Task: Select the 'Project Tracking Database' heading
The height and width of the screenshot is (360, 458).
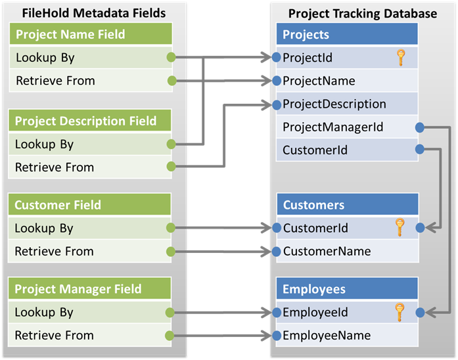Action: click(x=362, y=13)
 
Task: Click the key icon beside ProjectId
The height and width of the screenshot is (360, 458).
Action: click(x=402, y=58)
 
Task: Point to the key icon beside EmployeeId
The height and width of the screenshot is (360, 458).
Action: click(x=399, y=312)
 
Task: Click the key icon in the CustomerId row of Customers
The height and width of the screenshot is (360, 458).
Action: click(x=399, y=228)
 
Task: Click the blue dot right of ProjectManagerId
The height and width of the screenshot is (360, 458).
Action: click(x=420, y=127)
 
